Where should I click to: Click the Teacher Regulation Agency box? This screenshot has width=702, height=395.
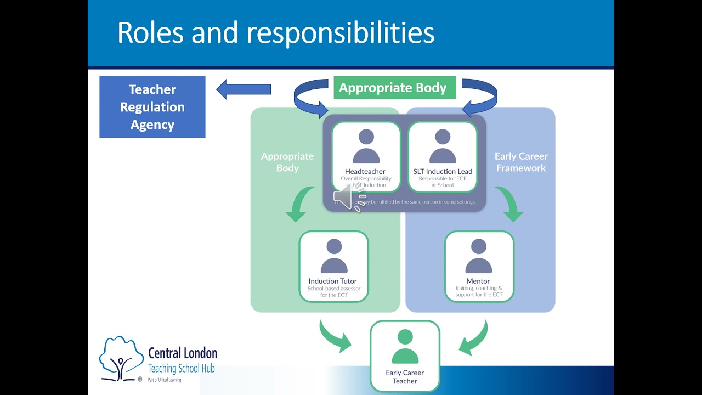pyautogui.click(x=152, y=107)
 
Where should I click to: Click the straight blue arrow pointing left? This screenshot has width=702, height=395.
pyautogui.click(x=244, y=89)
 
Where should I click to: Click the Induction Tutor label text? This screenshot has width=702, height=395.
pyautogui.click(x=332, y=281)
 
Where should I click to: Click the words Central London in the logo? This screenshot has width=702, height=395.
pyautogui.click(x=183, y=353)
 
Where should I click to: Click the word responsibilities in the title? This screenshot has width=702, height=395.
pyautogui.click(x=340, y=33)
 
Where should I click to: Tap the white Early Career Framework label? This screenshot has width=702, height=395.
pyautogui.click(x=521, y=162)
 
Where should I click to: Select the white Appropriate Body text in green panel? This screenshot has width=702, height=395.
pyautogui.click(x=287, y=162)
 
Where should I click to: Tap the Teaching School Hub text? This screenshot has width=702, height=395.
pyautogui.click(x=181, y=369)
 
